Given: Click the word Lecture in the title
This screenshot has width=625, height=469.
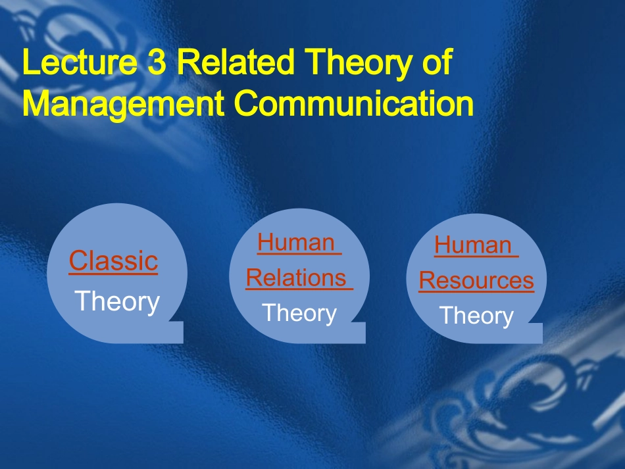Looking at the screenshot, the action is [80, 62].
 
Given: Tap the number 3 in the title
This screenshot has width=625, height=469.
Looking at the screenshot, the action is [157, 62].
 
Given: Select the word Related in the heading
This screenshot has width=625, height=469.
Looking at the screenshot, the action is [236, 62].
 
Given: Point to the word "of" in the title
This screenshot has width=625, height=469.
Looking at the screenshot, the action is [438, 62].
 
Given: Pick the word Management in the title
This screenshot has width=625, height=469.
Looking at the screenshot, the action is [123, 105].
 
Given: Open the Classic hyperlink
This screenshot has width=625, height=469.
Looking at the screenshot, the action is [114, 260].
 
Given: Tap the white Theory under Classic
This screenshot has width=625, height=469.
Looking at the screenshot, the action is [117, 303].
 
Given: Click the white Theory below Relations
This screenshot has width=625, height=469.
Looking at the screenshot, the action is [299, 314].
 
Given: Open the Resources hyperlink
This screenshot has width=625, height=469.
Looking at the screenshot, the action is [476, 280].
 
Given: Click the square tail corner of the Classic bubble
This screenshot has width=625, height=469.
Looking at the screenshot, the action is [183, 343].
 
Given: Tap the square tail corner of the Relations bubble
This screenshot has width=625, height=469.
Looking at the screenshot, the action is [365, 343].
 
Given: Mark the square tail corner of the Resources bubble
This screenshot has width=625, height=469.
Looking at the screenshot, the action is [542, 343].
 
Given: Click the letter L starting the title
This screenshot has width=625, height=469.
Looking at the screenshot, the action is [31, 62].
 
